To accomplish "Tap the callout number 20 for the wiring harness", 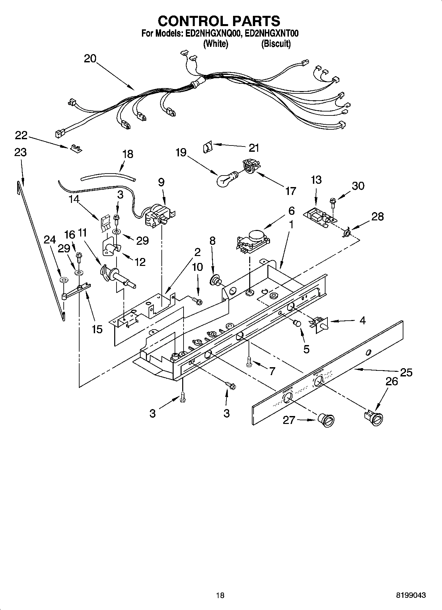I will (90, 59).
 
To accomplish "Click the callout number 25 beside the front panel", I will (406, 372).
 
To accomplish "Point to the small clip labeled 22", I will (76, 148).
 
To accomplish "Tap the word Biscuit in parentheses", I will (276, 44).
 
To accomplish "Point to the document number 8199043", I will (411, 595).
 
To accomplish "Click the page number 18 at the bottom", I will (220, 595).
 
